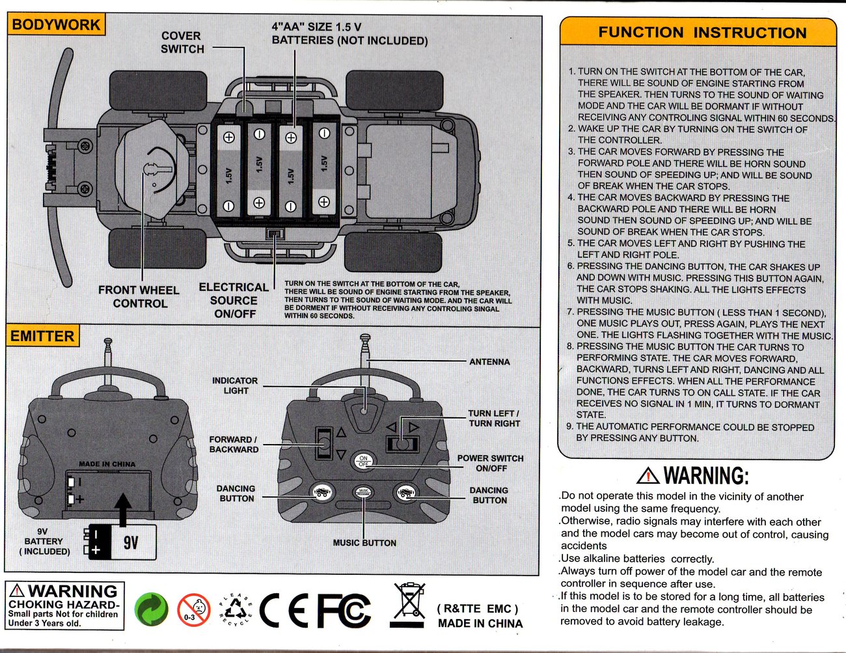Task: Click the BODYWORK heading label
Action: click(x=56, y=25)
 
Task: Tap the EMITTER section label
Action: click(x=42, y=336)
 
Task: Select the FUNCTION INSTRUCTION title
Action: click(x=702, y=33)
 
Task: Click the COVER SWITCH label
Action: click(x=182, y=42)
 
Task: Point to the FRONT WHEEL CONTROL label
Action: click(x=139, y=297)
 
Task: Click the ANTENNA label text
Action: click(x=489, y=362)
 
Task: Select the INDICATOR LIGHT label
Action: click(x=235, y=385)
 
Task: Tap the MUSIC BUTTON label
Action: click(x=364, y=543)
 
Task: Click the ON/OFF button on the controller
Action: click(x=363, y=461)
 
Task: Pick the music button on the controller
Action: click(x=363, y=493)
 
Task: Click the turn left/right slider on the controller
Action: click(x=402, y=444)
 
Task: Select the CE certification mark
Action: click(x=283, y=611)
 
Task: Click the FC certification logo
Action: click(x=344, y=611)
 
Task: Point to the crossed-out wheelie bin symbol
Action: click(x=409, y=602)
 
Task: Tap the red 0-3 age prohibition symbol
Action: click(x=193, y=611)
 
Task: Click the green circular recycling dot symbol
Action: click(x=152, y=611)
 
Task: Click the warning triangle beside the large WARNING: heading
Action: click(x=648, y=476)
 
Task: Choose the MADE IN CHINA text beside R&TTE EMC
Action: click(x=480, y=623)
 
